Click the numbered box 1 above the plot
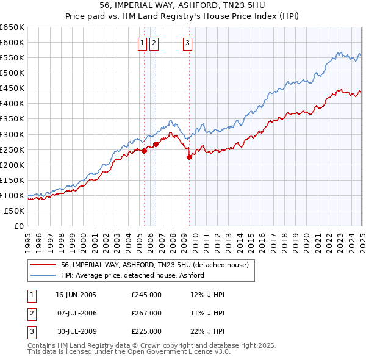click(x=142, y=43)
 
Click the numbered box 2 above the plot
click(x=154, y=43)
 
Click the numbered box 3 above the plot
click(x=187, y=43)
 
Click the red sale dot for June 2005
click(x=145, y=151)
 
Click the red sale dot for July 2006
click(x=156, y=144)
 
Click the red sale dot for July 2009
click(x=189, y=157)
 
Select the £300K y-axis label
click(x=12, y=134)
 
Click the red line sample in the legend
click(x=43, y=265)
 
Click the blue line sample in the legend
click(x=43, y=275)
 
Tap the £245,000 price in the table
click(x=146, y=295)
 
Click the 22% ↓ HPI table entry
click(x=207, y=331)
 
